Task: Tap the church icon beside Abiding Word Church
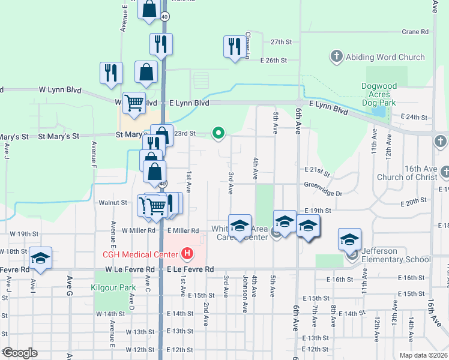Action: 336,58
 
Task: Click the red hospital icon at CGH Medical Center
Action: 187,254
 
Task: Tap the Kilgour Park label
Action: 111,288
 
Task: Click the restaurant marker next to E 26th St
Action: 233,47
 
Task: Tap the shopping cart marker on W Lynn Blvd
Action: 134,102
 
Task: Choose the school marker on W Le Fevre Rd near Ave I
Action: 40,258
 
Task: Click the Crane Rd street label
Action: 415,32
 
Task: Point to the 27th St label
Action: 281,42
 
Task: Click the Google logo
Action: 20,353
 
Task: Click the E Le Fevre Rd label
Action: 190,270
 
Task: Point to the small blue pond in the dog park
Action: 379,111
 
